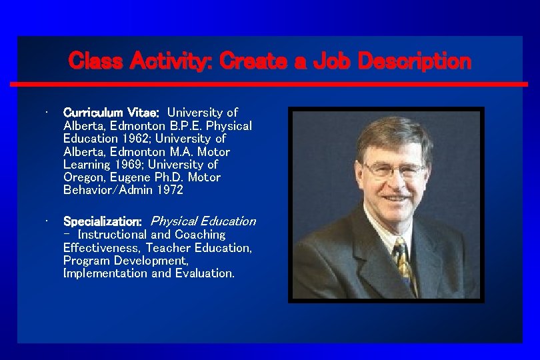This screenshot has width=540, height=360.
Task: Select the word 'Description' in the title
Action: tap(414, 61)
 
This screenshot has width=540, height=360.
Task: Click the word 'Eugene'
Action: tap(131, 177)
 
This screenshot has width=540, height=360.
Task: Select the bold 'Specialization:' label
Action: tap(102, 221)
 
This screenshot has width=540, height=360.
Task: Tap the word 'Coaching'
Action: tap(200, 235)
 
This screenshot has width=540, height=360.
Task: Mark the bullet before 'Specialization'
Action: tap(42, 221)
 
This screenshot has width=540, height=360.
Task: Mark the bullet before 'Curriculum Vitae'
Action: tap(42, 112)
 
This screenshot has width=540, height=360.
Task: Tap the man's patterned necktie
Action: tap(403, 263)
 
